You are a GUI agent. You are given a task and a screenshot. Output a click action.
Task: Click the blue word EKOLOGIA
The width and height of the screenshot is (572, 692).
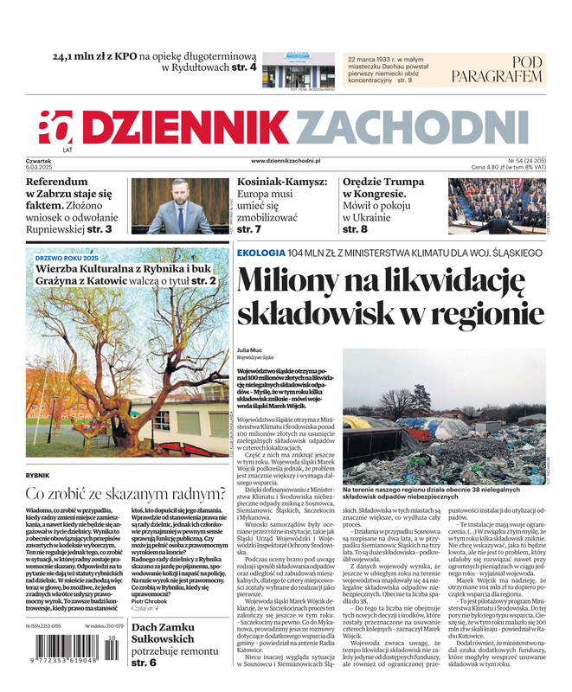[x=260, y=253]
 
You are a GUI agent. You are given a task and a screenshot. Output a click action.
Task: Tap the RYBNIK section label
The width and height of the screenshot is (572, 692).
[x=38, y=475]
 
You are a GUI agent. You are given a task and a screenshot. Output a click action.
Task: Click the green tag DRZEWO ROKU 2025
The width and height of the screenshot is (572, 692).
[x=67, y=259]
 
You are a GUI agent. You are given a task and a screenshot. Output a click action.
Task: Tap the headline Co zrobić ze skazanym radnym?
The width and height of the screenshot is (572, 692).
[x=125, y=494]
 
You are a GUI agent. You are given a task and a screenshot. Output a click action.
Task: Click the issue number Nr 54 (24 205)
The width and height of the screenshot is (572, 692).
[x=519, y=161]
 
